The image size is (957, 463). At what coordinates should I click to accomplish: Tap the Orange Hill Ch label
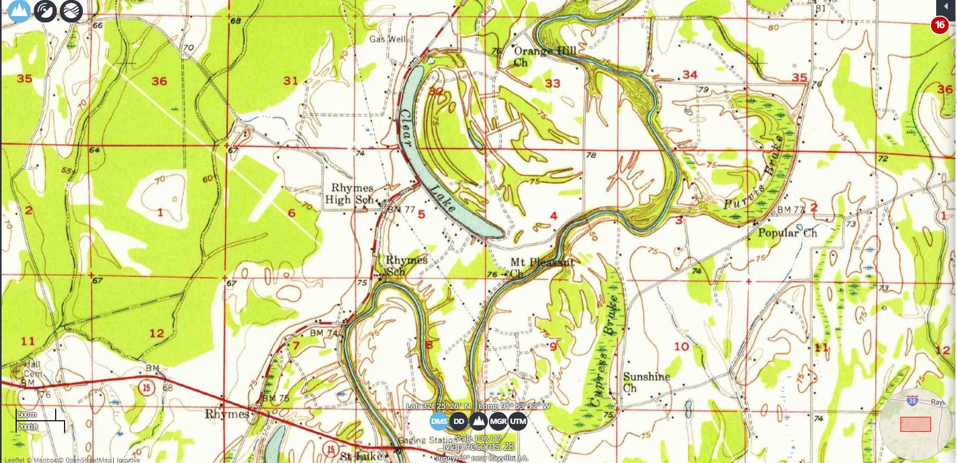tap(544, 56)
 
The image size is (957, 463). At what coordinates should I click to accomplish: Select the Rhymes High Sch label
tap(351, 193)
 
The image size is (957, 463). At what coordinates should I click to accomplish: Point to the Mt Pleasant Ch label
tap(542, 267)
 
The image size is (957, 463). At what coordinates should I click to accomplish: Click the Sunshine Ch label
tap(646, 382)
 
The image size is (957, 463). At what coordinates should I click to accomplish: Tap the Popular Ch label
tap(787, 233)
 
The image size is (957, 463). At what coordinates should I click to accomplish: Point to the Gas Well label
tap(388, 39)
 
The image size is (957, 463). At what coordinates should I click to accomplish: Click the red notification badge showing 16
tap(939, 25)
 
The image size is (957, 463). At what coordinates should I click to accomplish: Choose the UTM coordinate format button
tap(518, 421)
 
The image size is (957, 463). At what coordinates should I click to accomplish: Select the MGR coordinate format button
tap(498, 421)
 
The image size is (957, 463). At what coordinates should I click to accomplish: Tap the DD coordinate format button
tap(459, 421)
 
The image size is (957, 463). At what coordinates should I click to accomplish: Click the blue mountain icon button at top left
tap(19, 10)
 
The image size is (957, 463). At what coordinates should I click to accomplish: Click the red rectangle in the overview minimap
tap(915, 424)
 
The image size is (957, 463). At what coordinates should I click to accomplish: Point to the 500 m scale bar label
tap(28, 415)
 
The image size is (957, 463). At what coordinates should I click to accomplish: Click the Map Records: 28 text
tap(478, 447)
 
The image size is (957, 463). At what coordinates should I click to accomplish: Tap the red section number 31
tap(291, 81)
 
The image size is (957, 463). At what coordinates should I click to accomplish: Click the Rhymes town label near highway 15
tap(226, 414)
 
